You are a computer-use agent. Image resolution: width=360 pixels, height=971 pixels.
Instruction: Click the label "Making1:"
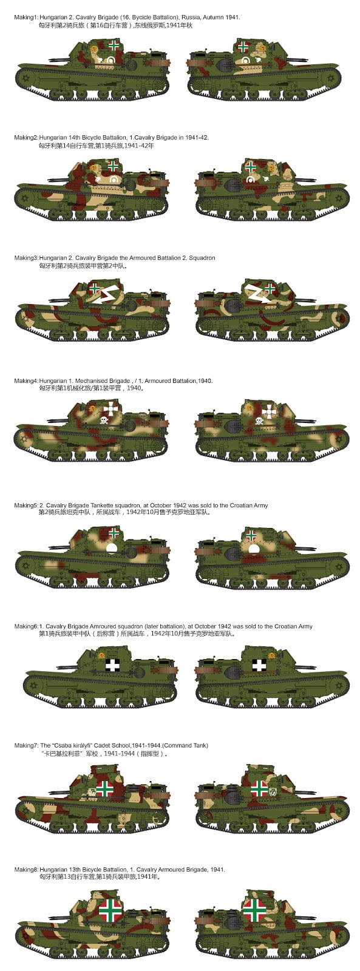pyautogui.click(x=25, y=18)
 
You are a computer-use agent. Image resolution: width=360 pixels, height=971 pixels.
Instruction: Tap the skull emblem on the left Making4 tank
pyautogui.click(x=104, y=420)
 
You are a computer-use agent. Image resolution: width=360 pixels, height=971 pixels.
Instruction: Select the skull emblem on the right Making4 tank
pyautogui.click(x=259, y=420)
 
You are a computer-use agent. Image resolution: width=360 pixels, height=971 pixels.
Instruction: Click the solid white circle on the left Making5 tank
pyautogui.click(x=112, y=549)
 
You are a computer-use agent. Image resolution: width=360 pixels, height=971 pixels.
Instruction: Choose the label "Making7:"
pyautogui.click(x=26, y=746)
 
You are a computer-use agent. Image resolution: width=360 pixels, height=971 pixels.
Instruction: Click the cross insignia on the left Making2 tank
pyautogui.click(x=113, y=166)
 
